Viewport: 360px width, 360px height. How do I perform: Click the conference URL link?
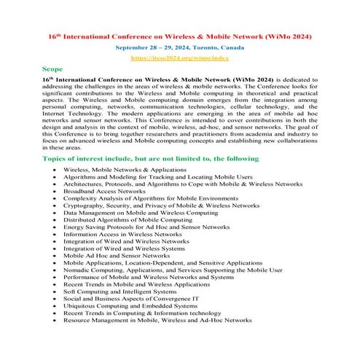click(179, 56)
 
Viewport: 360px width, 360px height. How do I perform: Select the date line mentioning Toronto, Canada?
click(179, 46)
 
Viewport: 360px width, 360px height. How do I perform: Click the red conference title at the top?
click(179, 34)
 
